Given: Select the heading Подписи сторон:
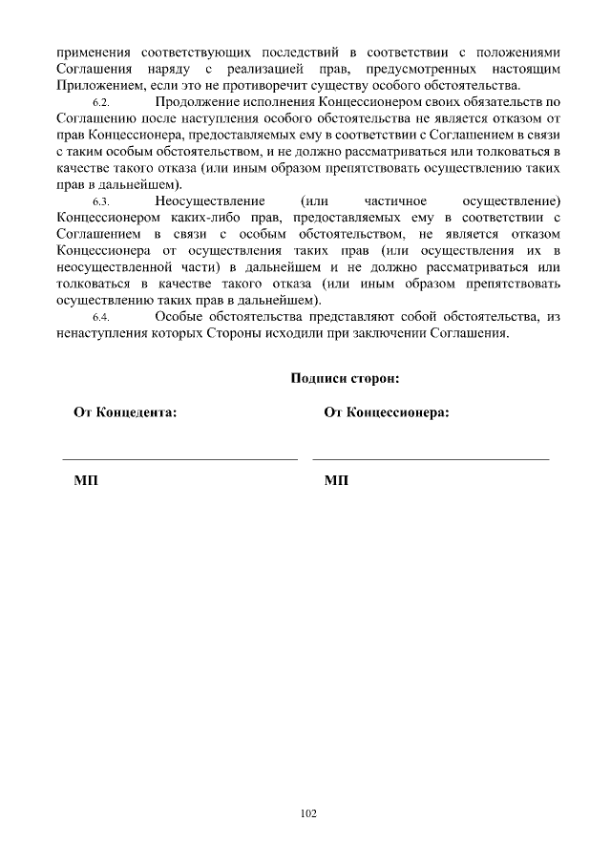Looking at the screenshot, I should [344, 378].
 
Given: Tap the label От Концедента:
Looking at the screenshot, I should [124, 412].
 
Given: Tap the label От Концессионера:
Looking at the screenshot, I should [387, 412].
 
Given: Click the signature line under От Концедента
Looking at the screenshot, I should [180, 459].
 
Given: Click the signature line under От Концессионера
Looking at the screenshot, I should [431, 459].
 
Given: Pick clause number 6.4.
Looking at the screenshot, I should [102, 318].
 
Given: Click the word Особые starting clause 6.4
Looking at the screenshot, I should [179, 317].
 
